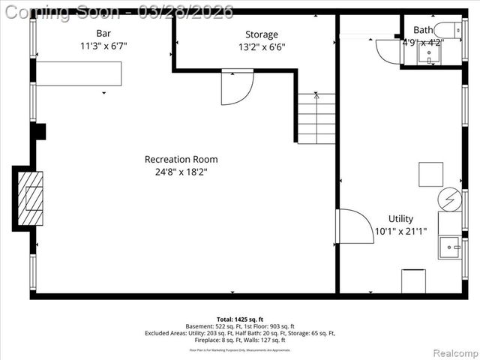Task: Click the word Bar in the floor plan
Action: tap(103, 33)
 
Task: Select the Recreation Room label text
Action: tap(181, 159)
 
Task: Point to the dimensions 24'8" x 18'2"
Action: tap(181, 171)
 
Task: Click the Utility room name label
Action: tap(400, 219)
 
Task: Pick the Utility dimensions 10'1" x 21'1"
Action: tap(400, 231)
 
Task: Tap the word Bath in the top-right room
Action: tap(423, 30)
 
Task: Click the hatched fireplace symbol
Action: tap(31, 198)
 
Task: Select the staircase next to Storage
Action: tap(316, 118)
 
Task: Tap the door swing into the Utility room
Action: tap(354, 226)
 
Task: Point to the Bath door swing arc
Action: tap(388, 51)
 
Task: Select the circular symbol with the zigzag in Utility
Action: tap(450, 199)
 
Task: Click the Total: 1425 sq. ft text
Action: tap(240, 318)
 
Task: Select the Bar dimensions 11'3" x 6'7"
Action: tap(103, 46)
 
